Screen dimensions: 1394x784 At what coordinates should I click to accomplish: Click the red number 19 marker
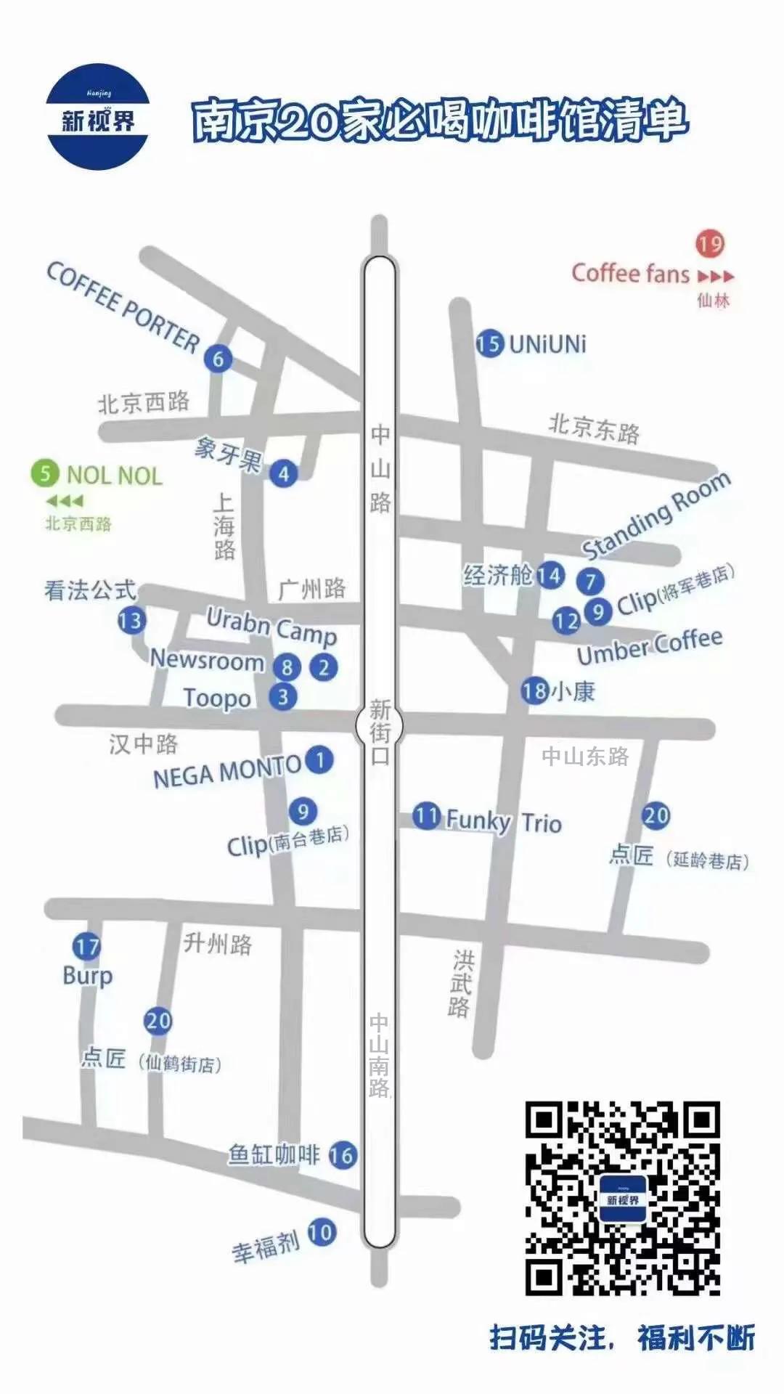point(710,243)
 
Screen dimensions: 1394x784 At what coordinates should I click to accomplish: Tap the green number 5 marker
point(45,474)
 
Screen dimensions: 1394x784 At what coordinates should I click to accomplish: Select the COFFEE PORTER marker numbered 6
point(218,358)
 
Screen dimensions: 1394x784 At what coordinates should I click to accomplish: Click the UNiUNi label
point(547,343)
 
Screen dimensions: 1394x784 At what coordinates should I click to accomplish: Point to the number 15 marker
point(490,343)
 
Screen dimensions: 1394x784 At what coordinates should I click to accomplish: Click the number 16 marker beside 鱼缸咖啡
point(343,1155)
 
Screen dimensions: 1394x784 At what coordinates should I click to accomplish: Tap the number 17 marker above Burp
point(86,947)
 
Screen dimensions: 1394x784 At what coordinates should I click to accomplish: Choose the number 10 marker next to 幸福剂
point(320,1231)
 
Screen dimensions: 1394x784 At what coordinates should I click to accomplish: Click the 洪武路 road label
point(460,984)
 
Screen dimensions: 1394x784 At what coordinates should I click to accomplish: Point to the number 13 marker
point(131,621)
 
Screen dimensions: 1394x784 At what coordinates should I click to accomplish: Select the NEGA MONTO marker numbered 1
point(319,760)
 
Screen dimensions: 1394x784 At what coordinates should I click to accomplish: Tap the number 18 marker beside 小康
point(534,690)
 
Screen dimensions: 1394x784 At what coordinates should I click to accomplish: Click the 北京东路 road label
point(594,428)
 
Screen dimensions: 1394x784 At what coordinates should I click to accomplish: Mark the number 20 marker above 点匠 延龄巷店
point(656,815)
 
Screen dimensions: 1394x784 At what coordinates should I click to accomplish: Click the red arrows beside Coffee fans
point(716,277)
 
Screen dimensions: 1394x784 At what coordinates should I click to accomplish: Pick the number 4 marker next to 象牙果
point(284,473)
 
